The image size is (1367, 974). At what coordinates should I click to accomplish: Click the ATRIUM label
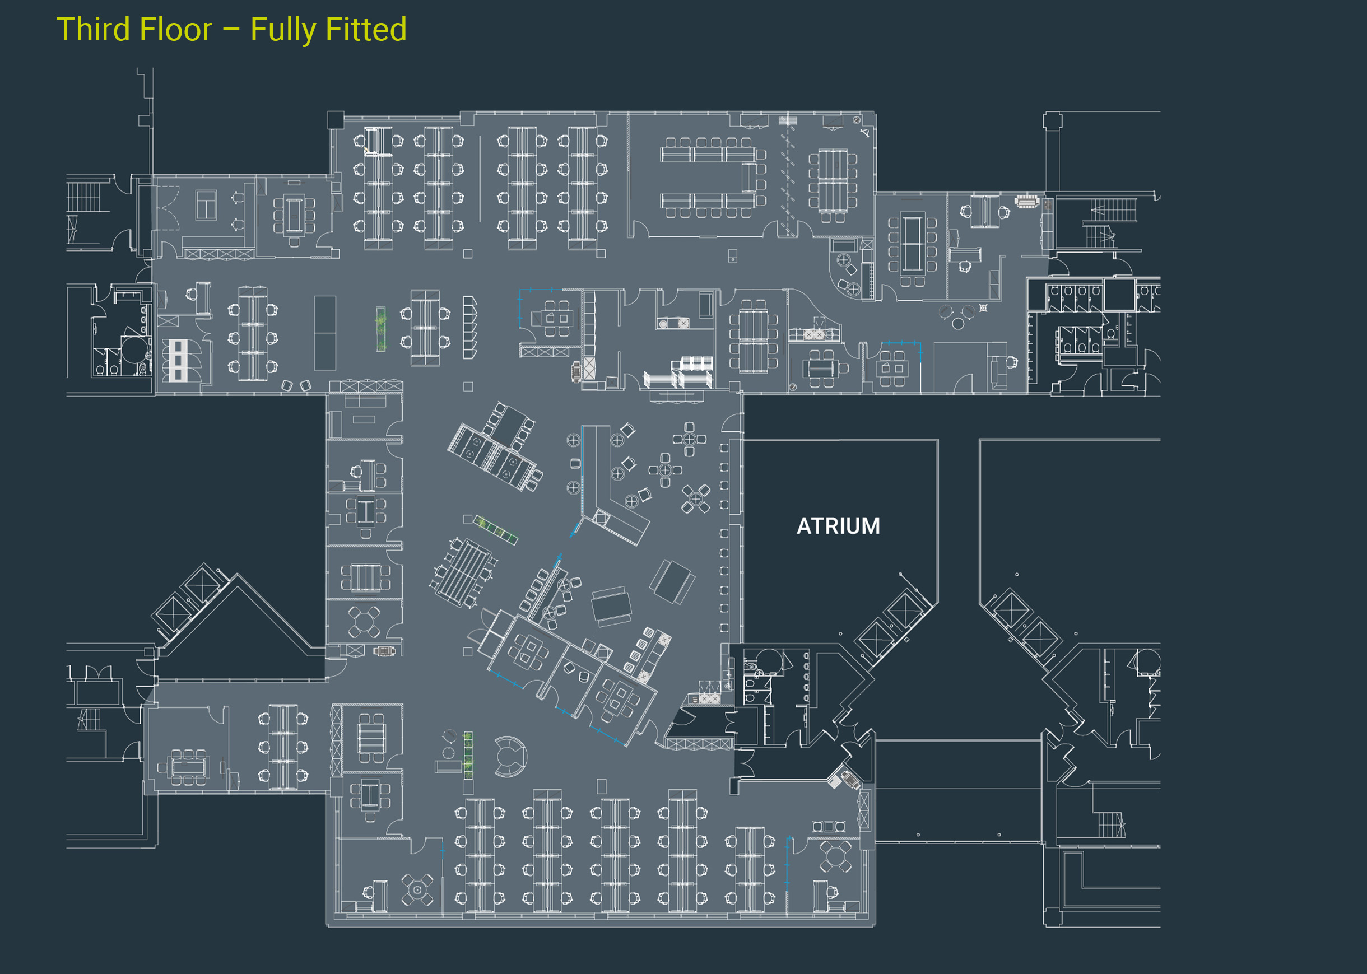838,526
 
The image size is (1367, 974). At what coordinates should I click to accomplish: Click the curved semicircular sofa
509,756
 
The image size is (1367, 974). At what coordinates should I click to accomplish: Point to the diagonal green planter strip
495,530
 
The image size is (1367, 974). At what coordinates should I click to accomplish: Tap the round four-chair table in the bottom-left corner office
417,889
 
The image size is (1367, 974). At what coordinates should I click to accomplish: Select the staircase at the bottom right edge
1111,824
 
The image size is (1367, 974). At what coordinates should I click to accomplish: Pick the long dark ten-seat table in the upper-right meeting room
912,244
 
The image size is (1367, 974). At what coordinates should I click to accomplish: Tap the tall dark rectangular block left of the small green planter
324,333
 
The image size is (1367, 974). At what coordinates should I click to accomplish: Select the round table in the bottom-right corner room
835,857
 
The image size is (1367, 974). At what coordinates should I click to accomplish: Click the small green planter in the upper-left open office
381,329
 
